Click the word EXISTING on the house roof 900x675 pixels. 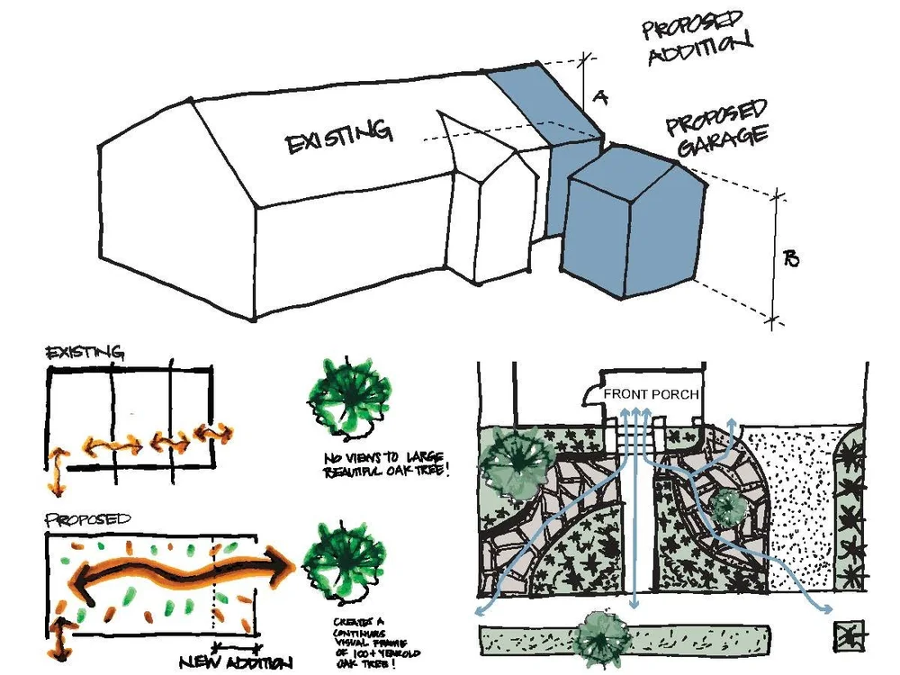pos(339,137)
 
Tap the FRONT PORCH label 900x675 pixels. pos(652,394)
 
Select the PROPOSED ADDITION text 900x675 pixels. pos(697,34)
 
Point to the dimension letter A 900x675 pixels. pos(600,98)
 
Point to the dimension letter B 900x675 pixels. pos(791,259)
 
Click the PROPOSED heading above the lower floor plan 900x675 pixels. pos(87,519)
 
